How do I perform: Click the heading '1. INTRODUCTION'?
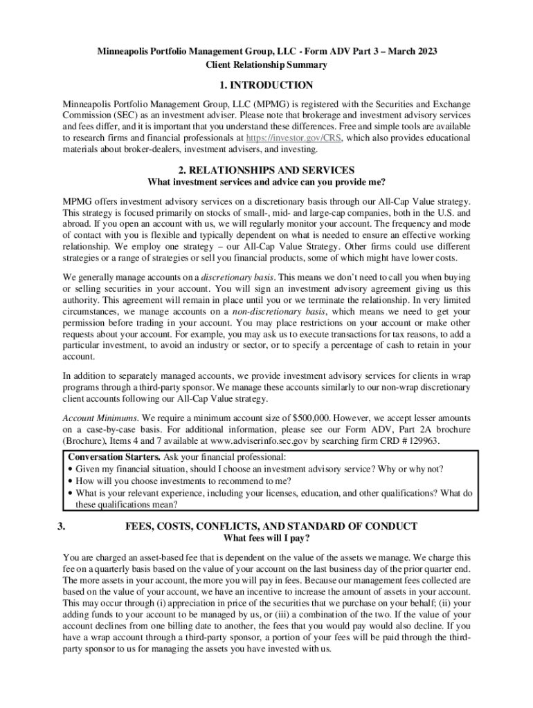266,86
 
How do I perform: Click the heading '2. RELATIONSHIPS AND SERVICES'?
266,170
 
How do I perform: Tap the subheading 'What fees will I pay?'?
266,539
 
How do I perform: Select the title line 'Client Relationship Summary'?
266,65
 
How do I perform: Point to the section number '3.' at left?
63,525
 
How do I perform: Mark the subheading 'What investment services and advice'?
266,183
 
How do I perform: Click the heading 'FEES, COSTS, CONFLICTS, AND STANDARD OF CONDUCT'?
271,525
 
